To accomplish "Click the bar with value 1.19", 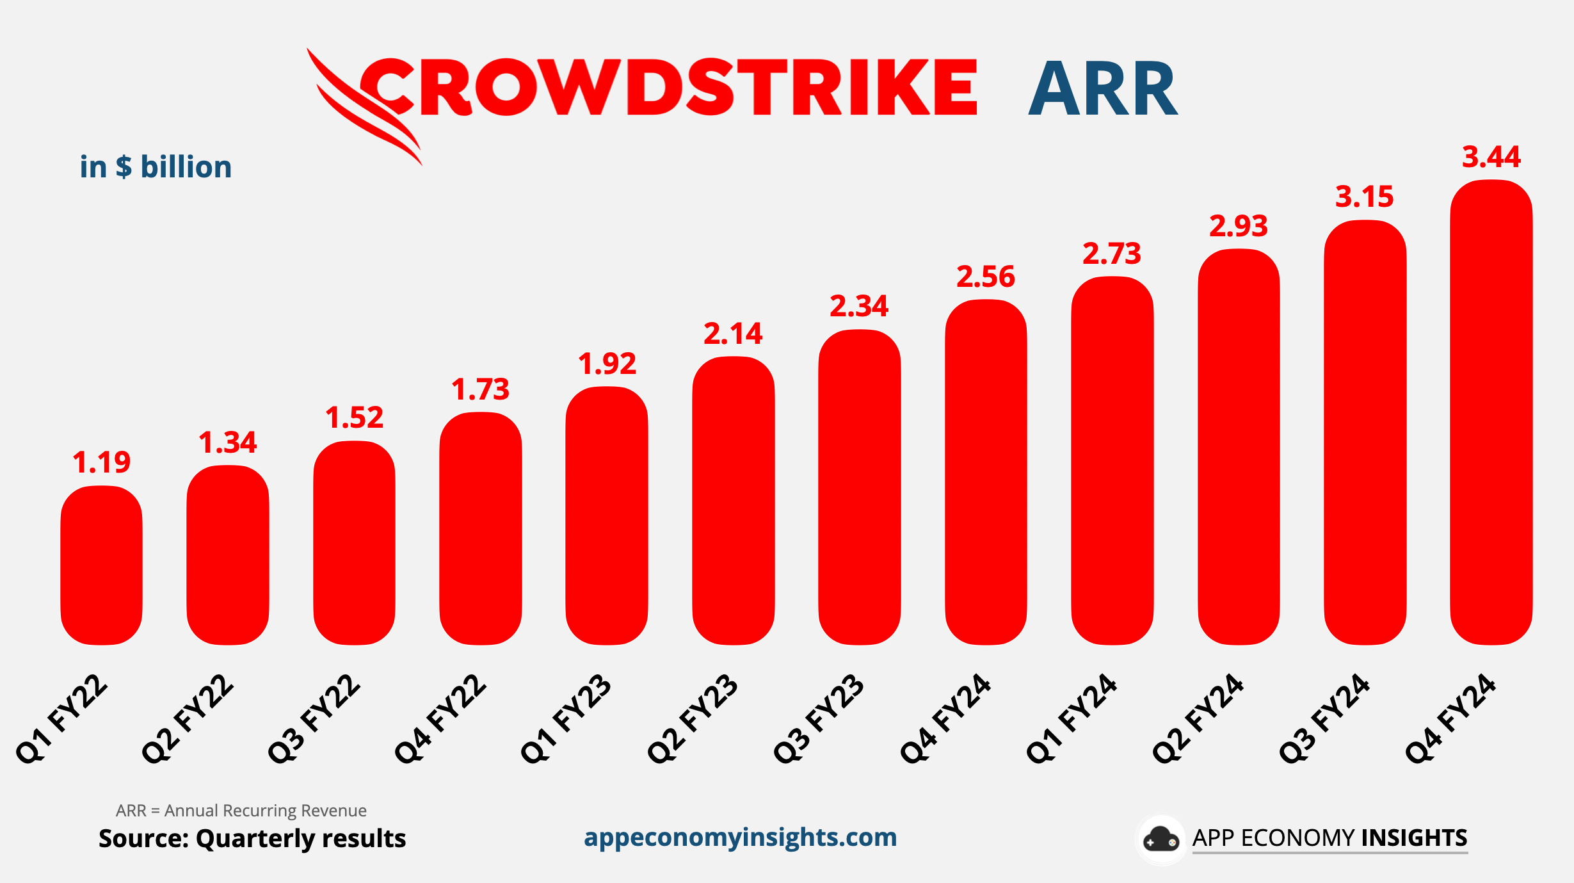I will (101, 565).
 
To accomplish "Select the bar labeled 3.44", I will (1491, 412).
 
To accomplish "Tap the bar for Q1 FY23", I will (607, 516).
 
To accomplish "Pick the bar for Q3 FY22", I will (354, 543).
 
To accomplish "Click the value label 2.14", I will (733, 334).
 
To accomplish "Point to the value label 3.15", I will (1364, 197).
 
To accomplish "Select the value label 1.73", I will (480, 389).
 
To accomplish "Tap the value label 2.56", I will (986, 277).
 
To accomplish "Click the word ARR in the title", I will (1102, 89).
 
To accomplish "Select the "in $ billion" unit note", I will (156, 167).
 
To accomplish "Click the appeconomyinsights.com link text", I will (740, 838).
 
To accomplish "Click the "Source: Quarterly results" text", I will (252, 839).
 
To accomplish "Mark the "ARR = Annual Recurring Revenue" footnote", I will (241, 811).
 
